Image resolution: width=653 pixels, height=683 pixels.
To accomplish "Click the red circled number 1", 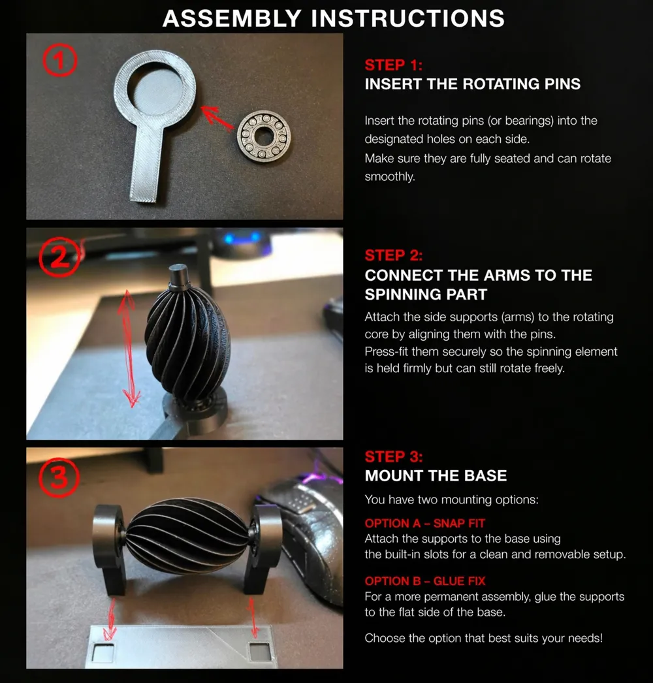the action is [59, 61].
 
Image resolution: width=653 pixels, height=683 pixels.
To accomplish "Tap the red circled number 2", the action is [59, 257].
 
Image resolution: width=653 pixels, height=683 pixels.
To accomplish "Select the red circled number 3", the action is [59, 478].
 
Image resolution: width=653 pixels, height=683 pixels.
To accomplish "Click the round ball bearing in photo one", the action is [264, 137].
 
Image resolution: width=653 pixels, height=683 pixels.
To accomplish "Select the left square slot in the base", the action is [104, 652].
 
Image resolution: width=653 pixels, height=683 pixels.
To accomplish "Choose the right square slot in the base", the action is [260, 651].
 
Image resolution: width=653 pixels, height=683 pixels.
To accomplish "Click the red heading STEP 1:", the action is [393, 65].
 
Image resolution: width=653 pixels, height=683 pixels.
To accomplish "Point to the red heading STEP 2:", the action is [393, 255].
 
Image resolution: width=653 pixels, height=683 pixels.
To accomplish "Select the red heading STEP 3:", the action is [393, 456].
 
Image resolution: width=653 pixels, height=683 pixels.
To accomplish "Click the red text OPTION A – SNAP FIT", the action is [424, 523].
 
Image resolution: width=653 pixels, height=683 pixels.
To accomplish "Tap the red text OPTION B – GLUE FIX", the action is [424, 581].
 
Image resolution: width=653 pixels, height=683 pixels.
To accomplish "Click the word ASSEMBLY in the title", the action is [232, 19].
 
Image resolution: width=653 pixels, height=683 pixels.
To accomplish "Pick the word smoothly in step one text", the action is [389, 177].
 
